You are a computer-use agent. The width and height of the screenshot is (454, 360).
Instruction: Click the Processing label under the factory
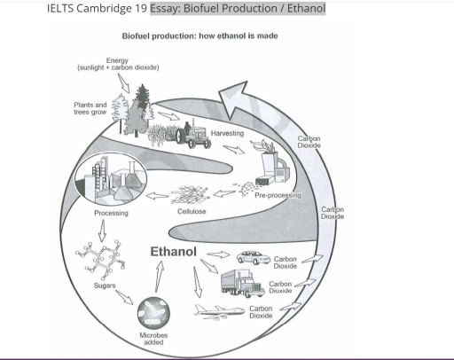111,213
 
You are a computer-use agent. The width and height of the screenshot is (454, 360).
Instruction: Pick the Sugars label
105,286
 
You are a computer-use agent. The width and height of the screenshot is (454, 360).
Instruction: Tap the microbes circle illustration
154,312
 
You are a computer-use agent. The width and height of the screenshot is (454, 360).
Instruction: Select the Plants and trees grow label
90,107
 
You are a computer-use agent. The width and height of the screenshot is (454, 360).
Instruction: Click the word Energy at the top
117,60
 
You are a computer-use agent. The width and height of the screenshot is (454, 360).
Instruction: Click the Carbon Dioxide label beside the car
286,262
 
